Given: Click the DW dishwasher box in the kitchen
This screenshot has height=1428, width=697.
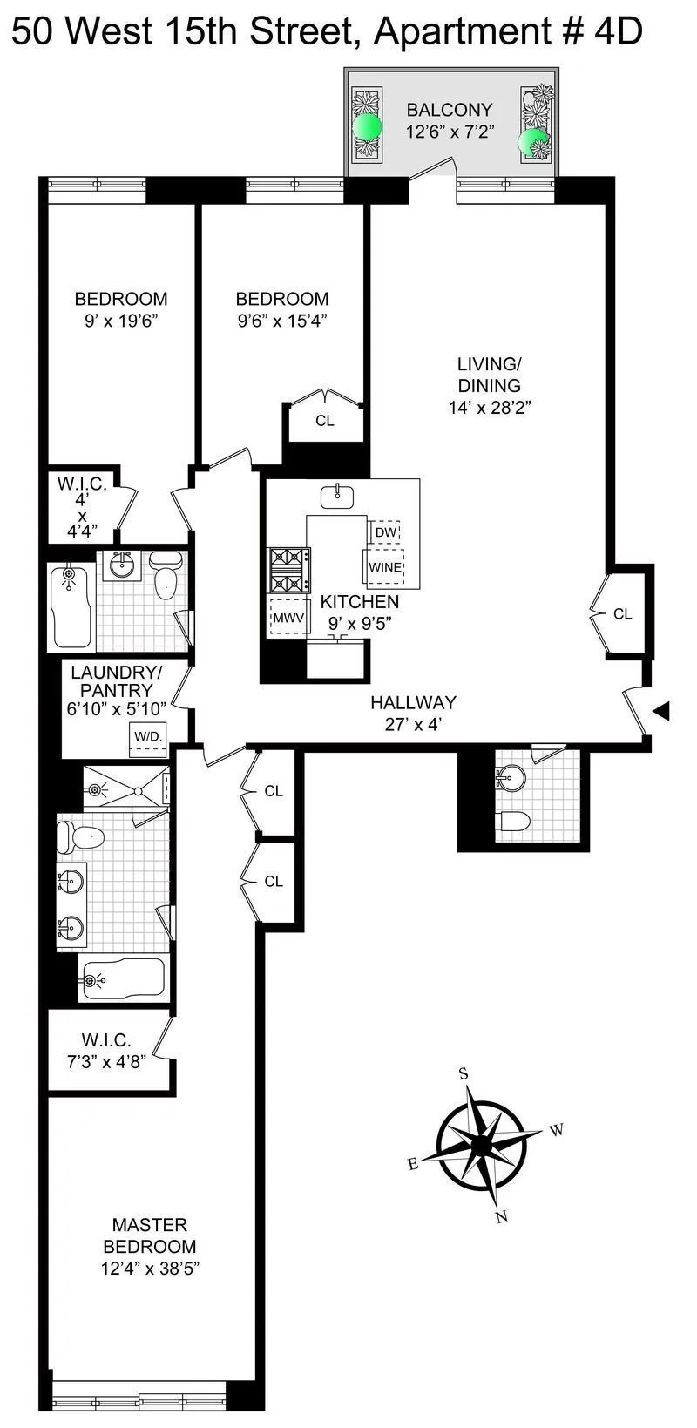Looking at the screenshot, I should pos(385,532).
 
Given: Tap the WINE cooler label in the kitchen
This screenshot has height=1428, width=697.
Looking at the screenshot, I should pos(384,567).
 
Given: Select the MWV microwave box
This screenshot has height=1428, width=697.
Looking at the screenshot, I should pos(288,618).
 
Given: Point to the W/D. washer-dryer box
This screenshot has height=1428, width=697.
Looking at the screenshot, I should pos(147,737).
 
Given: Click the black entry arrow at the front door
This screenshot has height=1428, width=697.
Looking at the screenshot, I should pos(661,712).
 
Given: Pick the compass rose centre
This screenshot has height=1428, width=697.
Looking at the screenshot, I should pos(481,1144).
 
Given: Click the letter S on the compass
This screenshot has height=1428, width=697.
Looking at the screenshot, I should pos(464,1074).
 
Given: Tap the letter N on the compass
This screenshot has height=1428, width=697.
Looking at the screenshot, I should pos(501,1217).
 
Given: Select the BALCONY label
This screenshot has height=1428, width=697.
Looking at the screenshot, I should pos(450,110).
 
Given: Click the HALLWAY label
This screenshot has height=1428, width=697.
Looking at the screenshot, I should pos(413,702).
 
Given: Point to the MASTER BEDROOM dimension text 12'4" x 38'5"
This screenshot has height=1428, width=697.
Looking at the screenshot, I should pos(150,1269).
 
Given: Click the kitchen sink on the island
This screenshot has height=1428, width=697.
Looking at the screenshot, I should pos(336,497).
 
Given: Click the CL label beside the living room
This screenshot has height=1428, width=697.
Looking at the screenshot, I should pos(622,614).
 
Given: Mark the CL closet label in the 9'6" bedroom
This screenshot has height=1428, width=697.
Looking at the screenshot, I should pos(325,421).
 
